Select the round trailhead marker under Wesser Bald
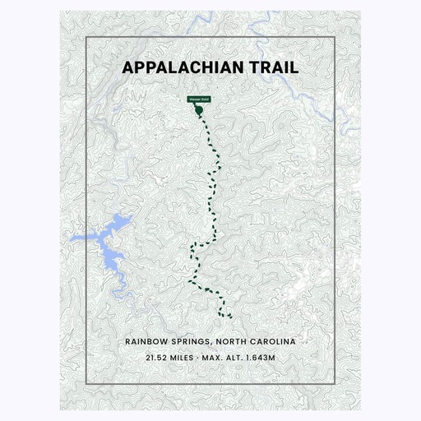198,108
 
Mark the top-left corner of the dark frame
86,38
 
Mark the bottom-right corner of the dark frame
335,383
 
